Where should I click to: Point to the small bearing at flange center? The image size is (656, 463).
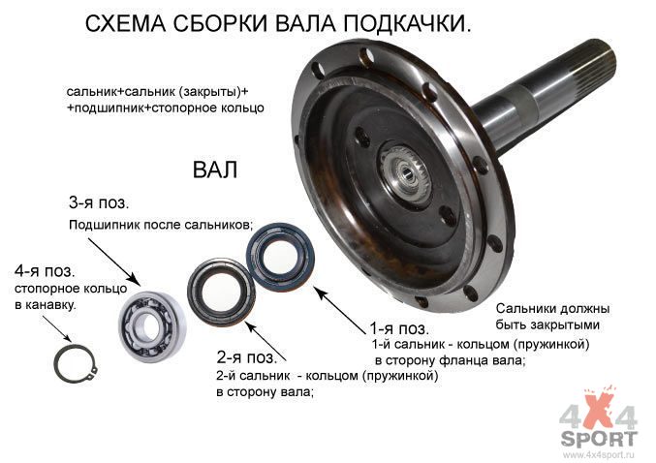pyautogui.click(x=405, y=172)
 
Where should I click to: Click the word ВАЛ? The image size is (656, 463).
pyautogui.click(x=215, y=170)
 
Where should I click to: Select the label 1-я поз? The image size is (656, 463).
pyautogui.click(x=399, y=328)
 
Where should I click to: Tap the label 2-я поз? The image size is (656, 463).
pyautogui.click(x=247, y=357)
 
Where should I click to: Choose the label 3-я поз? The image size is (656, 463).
pyautogui.click(x=99, y=202)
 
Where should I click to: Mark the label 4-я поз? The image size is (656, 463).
pyautogui.click(x=45, y=271)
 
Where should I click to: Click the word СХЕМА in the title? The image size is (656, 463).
pyautogui.click(x=126, y=24)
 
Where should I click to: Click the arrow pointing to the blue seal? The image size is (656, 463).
pyautogui.click(x=340, y=310)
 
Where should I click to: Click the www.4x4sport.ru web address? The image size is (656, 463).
pyautogui.click(x=599, y=454)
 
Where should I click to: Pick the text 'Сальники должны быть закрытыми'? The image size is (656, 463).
pyautogui.click(x=552, y=317)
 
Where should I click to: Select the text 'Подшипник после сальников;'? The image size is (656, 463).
pyautogui.click(x=161, y=225)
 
